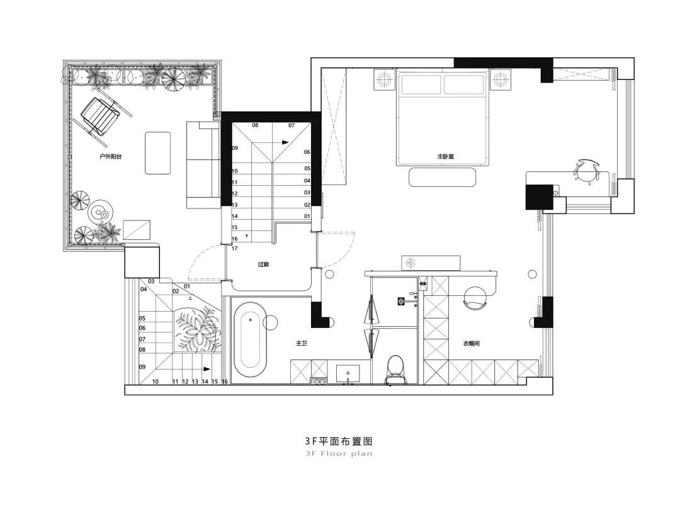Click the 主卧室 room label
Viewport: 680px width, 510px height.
pos(446,156)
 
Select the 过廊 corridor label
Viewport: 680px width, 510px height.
pos(263,264)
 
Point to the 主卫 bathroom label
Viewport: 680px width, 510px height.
pos(302,344)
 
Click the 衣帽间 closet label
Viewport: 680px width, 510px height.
pos(472,344)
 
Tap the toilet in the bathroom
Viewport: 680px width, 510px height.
pos(395,368)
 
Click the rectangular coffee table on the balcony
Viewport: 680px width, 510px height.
pos(158,152)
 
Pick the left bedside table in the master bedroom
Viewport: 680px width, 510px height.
pos(382,79)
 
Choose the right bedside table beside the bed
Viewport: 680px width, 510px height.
pos(500,79)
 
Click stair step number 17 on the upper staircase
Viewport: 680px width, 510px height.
pos(234,248)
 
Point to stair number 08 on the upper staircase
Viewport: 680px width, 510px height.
pos(255,125)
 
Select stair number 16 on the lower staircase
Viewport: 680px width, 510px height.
pos(224,382)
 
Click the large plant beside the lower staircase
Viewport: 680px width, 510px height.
pos(196,329)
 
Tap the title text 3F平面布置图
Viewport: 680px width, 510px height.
pos(339,442)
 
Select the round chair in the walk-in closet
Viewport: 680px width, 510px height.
pos(475,298)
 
